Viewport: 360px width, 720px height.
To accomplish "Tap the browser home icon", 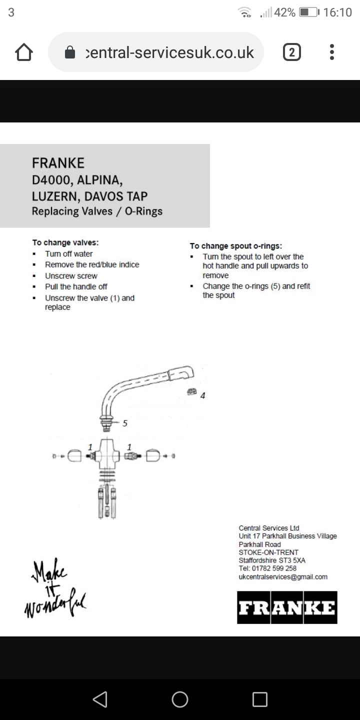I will pyautogui.click(x=24, y=52).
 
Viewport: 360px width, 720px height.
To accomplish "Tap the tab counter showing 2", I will pyautogui.click(x=292, y=52).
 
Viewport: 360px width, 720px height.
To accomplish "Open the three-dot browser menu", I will pyautogui.click(x=332, y=52).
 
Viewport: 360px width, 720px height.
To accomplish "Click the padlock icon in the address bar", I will pyautogui.click(x=70, y=52).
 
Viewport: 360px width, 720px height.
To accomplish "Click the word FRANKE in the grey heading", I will pyautogui.click(x=58, y=163).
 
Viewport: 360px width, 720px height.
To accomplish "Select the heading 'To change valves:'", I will pyautogui.click(x=65, y=242).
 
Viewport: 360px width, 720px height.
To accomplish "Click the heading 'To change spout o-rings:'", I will pyautogui.click(x=235, y=245).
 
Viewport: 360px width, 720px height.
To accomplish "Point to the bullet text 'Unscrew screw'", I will pyautogui.click(x=71, y=276).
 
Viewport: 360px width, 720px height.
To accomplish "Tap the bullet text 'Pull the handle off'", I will pyautogui.click(x=76, y=287).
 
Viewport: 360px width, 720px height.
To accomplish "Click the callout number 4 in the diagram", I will pyautogui.click(x=202, y=395).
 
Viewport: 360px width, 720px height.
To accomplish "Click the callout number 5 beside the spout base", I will pyautogui.click(x=125, y=423).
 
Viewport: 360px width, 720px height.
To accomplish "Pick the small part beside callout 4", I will pyautogui.click(x=190, y=391).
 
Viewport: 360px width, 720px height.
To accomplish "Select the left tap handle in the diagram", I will pyautogui.click(x=74, y=456).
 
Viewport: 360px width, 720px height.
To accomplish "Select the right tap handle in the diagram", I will pyautogui.click(x=153, y=456).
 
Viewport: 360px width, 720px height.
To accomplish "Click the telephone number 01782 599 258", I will pyautogui.click(x=274, y=568).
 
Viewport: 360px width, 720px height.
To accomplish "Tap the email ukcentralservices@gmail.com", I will pyautogui.click(x=283, y=577).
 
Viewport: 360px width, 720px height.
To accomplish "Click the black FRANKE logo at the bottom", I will pyautogui.click(x=287, y=607).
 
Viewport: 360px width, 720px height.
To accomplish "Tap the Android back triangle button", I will pyautogui.click(x=100, y=699).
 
